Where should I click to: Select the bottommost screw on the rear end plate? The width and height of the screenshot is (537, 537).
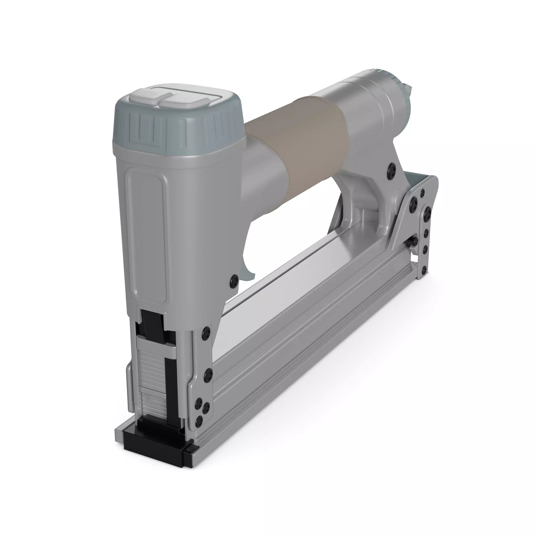[x=424, y=270]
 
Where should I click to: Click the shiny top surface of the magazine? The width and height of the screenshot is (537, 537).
[x=294, y=280]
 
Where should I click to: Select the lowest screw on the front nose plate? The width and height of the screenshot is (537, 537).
[x=199, y=420]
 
